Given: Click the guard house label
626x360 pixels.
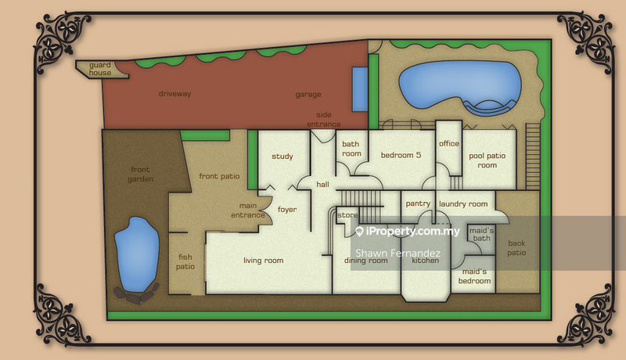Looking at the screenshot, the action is click(x=100, y=69).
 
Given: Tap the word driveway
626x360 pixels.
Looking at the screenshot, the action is click(x=174, y=94).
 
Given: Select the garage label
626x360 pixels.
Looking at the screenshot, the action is click(x=308, y=95).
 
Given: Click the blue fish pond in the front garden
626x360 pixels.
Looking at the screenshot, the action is click(x=136, y=254).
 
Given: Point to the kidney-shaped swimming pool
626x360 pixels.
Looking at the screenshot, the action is click(x=460, y=88).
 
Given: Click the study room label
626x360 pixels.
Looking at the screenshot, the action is click(x=282, y=157).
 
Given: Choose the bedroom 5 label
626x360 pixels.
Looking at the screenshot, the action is click(x=401, y=155).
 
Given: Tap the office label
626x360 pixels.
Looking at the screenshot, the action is click(x=449, y=143).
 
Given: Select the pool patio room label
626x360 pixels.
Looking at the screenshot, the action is click(x=487, y=160).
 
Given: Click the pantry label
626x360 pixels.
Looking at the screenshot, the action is click(x=418, y=203).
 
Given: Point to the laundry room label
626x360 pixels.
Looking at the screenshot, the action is click(x=463, y=204).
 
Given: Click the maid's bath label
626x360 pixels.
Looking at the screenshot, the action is click(x=481, y=234).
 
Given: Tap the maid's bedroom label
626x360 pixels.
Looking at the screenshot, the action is click(x=474, y=276).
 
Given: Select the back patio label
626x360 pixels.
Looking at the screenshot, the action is click(x=516, y=248).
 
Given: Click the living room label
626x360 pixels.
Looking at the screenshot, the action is click(x=264, y=261).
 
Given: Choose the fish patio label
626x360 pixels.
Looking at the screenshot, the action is click(x=185, y=262).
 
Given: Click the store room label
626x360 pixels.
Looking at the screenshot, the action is click(x=347, y=215).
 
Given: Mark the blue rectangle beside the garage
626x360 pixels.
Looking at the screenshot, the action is click(x=359, y=89).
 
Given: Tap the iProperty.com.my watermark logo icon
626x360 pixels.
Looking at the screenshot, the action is click(x=359, y=232).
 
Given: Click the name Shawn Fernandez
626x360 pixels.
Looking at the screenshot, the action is click(x=398, y=253).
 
